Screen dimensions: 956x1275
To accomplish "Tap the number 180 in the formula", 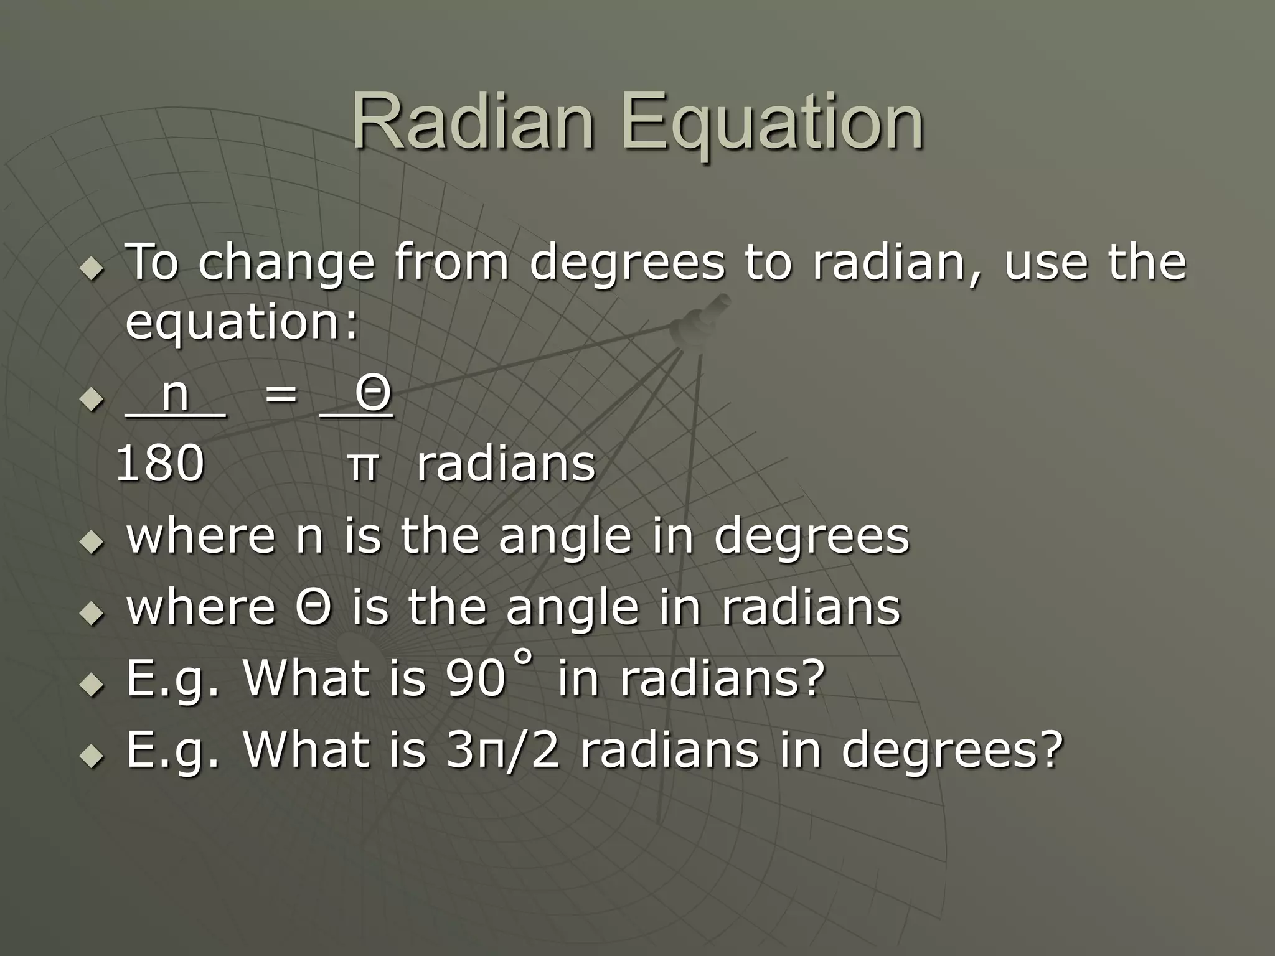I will (x=161, y=464).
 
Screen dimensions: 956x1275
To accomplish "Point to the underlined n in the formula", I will (x=175, y=393).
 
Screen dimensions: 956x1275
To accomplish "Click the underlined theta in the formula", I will (x=374, y=393).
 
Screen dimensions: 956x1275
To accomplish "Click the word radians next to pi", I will (x=506, y=464).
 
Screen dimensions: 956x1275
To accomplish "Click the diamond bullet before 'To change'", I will (x=92, y=269).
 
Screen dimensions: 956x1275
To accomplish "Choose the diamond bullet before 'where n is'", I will (x=92, y=541).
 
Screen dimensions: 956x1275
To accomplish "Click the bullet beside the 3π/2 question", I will (x=92, y=757).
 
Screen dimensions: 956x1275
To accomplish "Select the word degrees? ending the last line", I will (x=952, y=751).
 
